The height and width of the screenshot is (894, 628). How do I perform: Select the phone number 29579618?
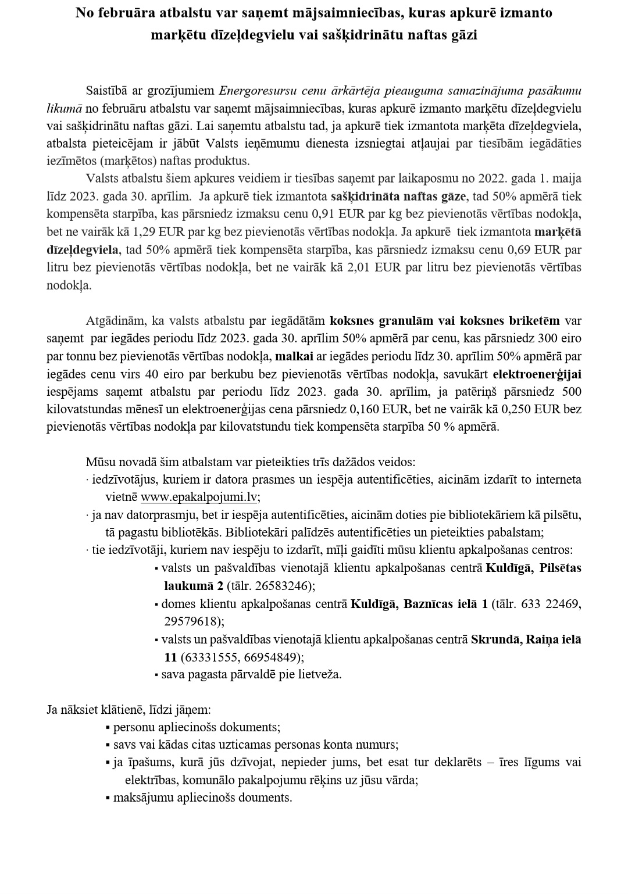coord(189,621)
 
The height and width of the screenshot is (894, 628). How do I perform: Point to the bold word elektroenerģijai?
coord(537,374)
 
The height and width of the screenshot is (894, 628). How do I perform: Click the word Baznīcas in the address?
coord(420,604)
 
